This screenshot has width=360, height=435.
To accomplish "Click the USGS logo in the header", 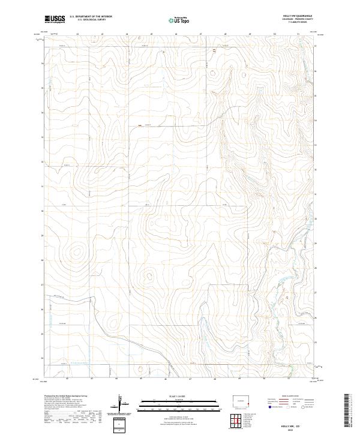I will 55,19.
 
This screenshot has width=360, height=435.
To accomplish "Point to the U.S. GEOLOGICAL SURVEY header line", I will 91,20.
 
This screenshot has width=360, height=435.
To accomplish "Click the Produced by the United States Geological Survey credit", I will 66,396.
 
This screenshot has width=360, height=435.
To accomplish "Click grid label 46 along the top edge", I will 176,34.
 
